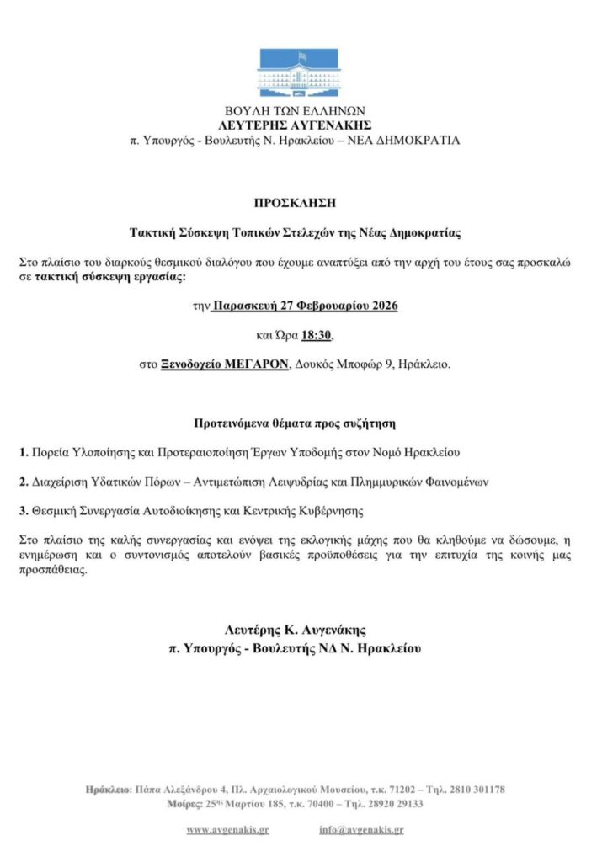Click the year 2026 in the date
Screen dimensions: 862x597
click(x=381, y=306)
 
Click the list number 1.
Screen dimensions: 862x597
click(x=23, y=453)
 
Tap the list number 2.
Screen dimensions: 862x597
click(x=23, y=482)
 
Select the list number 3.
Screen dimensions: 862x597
click(x=23, y=510)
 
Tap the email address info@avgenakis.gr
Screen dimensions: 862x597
click(x=361, y=830)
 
